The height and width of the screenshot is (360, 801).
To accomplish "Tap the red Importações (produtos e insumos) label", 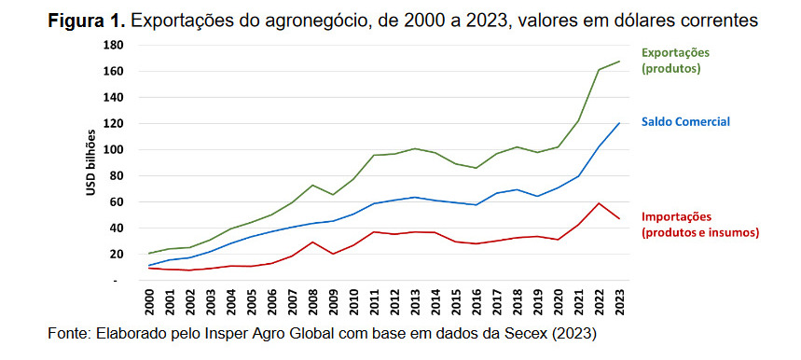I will pos(700,224).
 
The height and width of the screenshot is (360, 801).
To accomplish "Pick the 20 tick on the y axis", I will pos(115,254).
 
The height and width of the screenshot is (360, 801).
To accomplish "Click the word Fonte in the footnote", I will pos(66,333).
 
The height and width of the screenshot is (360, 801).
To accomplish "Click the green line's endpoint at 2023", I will pos(618,62).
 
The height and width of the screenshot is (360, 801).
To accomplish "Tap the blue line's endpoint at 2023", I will pos(618,123).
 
